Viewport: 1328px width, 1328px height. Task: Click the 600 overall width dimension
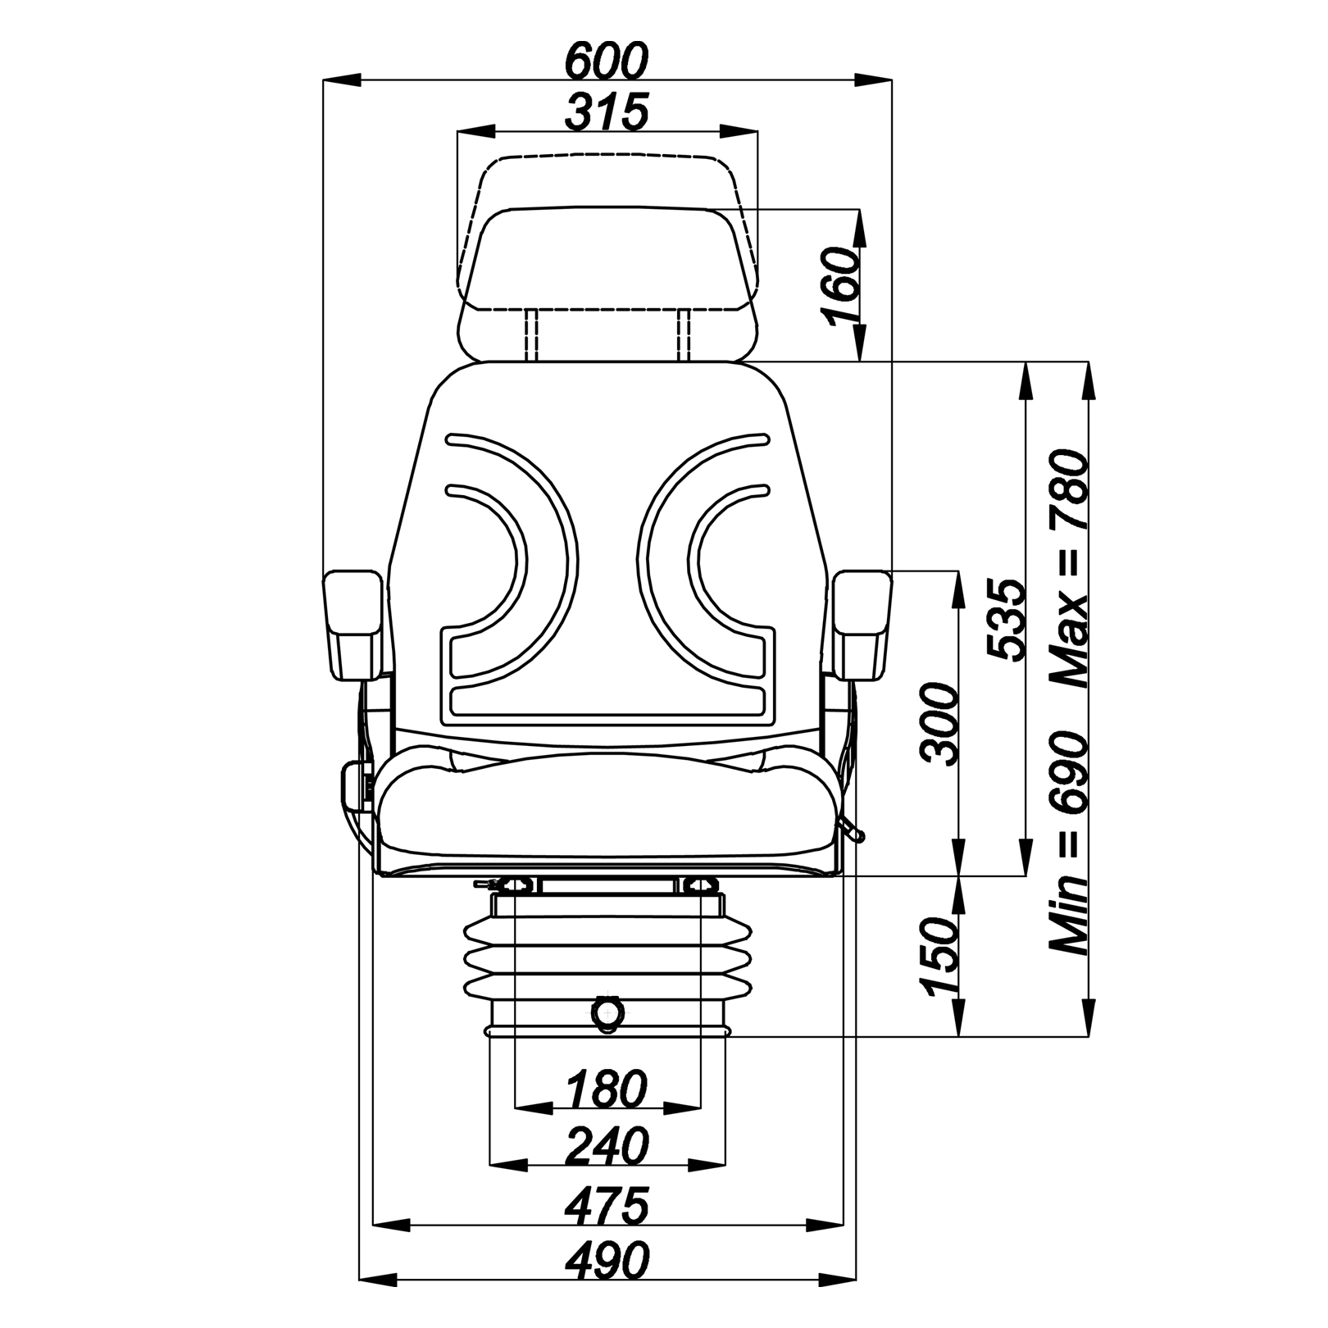[x=607, y=59]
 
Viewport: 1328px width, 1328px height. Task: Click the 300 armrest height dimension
[x=939, y=724]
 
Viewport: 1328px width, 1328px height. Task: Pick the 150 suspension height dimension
[x=939, y=956]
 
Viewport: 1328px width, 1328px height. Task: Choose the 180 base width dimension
[x=607, y=1089]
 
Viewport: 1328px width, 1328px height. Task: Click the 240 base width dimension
[x=607, y=1145]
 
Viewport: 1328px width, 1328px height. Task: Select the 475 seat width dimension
[x=607, y=1206]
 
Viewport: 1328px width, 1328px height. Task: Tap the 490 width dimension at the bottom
[x=607, y=1260]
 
